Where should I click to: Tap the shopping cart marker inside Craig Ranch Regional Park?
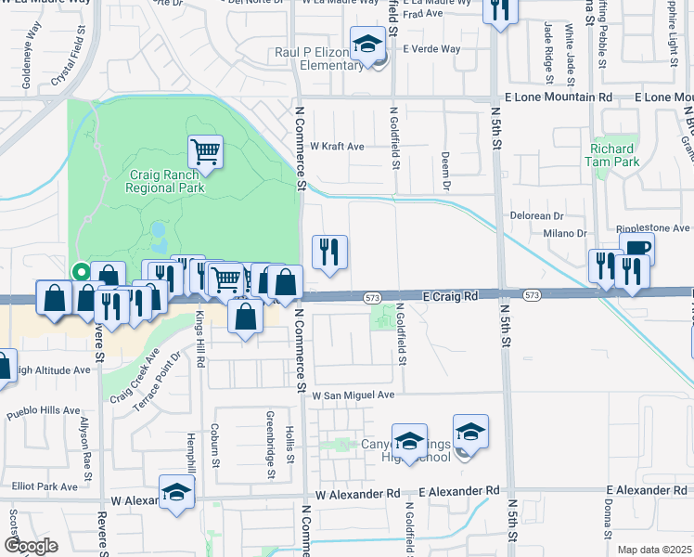pyautogui.click(x=205, y=151)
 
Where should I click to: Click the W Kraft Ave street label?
pyautogui.click(x=337, y=147)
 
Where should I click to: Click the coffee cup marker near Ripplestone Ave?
pyautogui.click(x=636, y=248)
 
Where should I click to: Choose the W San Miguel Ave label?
pyautogui.click(x=353, y=395)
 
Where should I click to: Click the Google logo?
pyautogui.click(x=32, y=545)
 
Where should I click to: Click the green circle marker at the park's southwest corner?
pyautogui.click(x=81, y=272)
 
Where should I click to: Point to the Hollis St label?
pyautogui.click(x=290, y=445)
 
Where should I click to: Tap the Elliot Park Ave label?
pyautogui.click(x=45, y=486)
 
